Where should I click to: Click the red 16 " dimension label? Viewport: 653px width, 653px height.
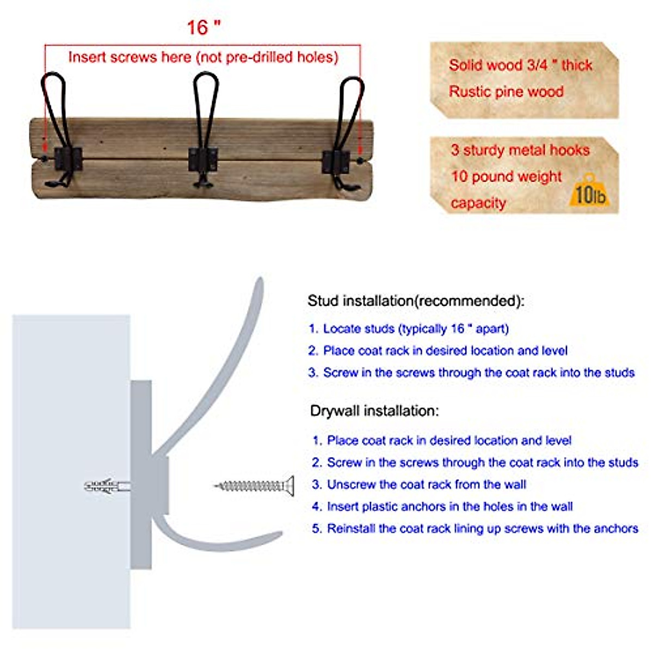coord(204,27)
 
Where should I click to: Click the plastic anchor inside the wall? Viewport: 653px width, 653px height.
coord(106,485)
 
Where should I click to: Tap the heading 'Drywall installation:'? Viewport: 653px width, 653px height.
coord(374,411)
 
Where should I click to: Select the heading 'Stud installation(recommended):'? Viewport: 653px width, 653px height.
coord(416,301)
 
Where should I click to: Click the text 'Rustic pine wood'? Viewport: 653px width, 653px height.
coord(506,92)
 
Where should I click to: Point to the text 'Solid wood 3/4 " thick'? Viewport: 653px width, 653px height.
coord(520,65)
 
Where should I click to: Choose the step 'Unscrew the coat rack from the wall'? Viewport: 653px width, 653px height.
coord(426,484)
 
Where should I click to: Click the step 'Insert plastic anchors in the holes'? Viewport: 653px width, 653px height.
coord(449,507)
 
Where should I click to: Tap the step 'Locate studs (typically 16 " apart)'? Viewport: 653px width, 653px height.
coord(416,329)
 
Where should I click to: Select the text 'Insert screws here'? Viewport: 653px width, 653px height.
coord(130,57)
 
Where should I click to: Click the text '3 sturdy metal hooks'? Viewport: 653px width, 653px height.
coord(520,150)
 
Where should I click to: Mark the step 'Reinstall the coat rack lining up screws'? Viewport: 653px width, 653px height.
coord(482,528)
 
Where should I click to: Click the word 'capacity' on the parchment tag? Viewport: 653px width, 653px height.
coord(478,204)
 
